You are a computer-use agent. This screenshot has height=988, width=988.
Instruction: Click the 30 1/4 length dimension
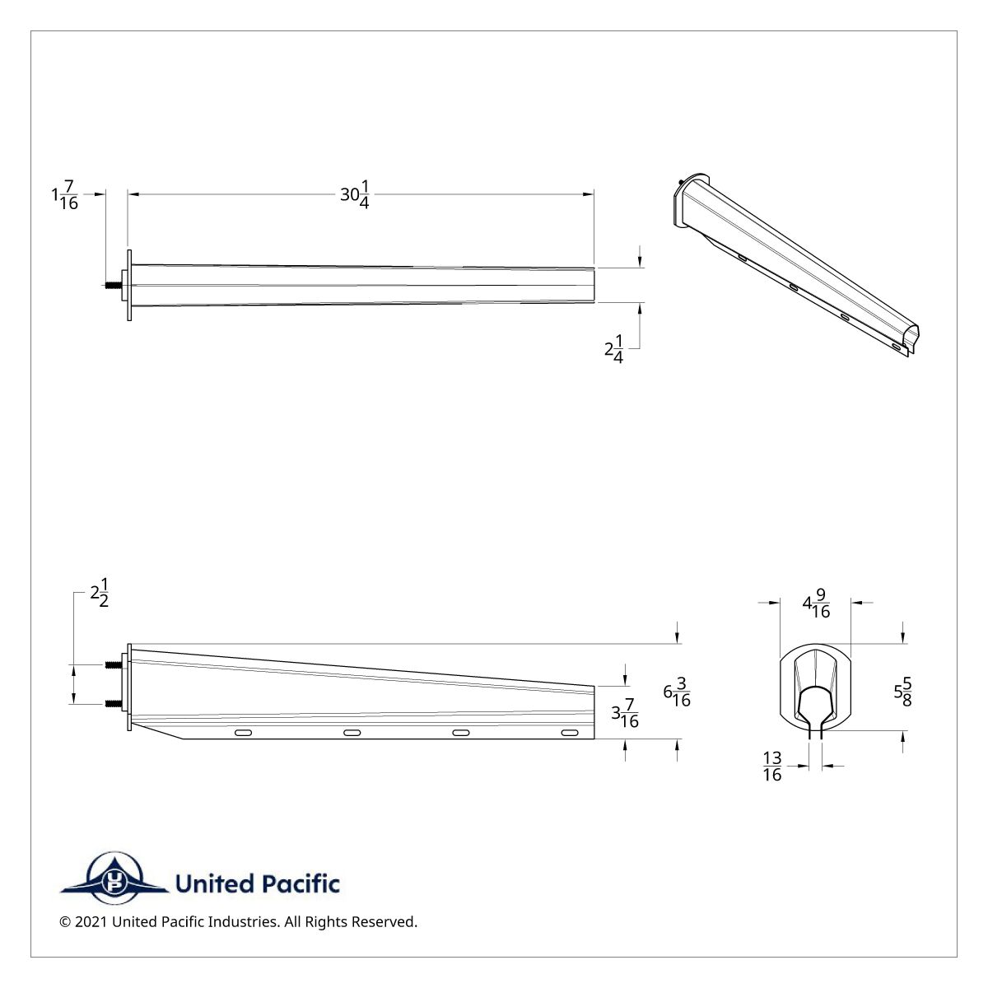(x=355, y=195)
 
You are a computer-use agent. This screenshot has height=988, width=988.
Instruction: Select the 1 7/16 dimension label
(x=65, y=196)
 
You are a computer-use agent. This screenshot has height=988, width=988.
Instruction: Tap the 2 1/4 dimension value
(x=614, y=349)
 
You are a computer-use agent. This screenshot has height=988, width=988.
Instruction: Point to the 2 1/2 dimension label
(x=100, y=593)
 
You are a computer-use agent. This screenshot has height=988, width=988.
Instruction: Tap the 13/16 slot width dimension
(x=772, y=766)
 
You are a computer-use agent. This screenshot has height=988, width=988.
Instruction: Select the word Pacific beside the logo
(x=301, y=884)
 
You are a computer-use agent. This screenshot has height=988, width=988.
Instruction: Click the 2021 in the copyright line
(x=91, y=922)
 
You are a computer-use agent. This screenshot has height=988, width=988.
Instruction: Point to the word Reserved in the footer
(x=384, y=922)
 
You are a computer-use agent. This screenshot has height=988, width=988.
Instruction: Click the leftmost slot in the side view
(x=244, y=732)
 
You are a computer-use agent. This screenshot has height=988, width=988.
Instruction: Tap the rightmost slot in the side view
(x=569, y=732)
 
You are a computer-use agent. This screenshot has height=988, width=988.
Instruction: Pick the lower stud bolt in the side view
(x=112, y=704)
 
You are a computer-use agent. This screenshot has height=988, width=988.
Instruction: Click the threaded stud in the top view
(x=112, y=285)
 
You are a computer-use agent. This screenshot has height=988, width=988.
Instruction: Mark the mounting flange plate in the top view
(x=129, y=285)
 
